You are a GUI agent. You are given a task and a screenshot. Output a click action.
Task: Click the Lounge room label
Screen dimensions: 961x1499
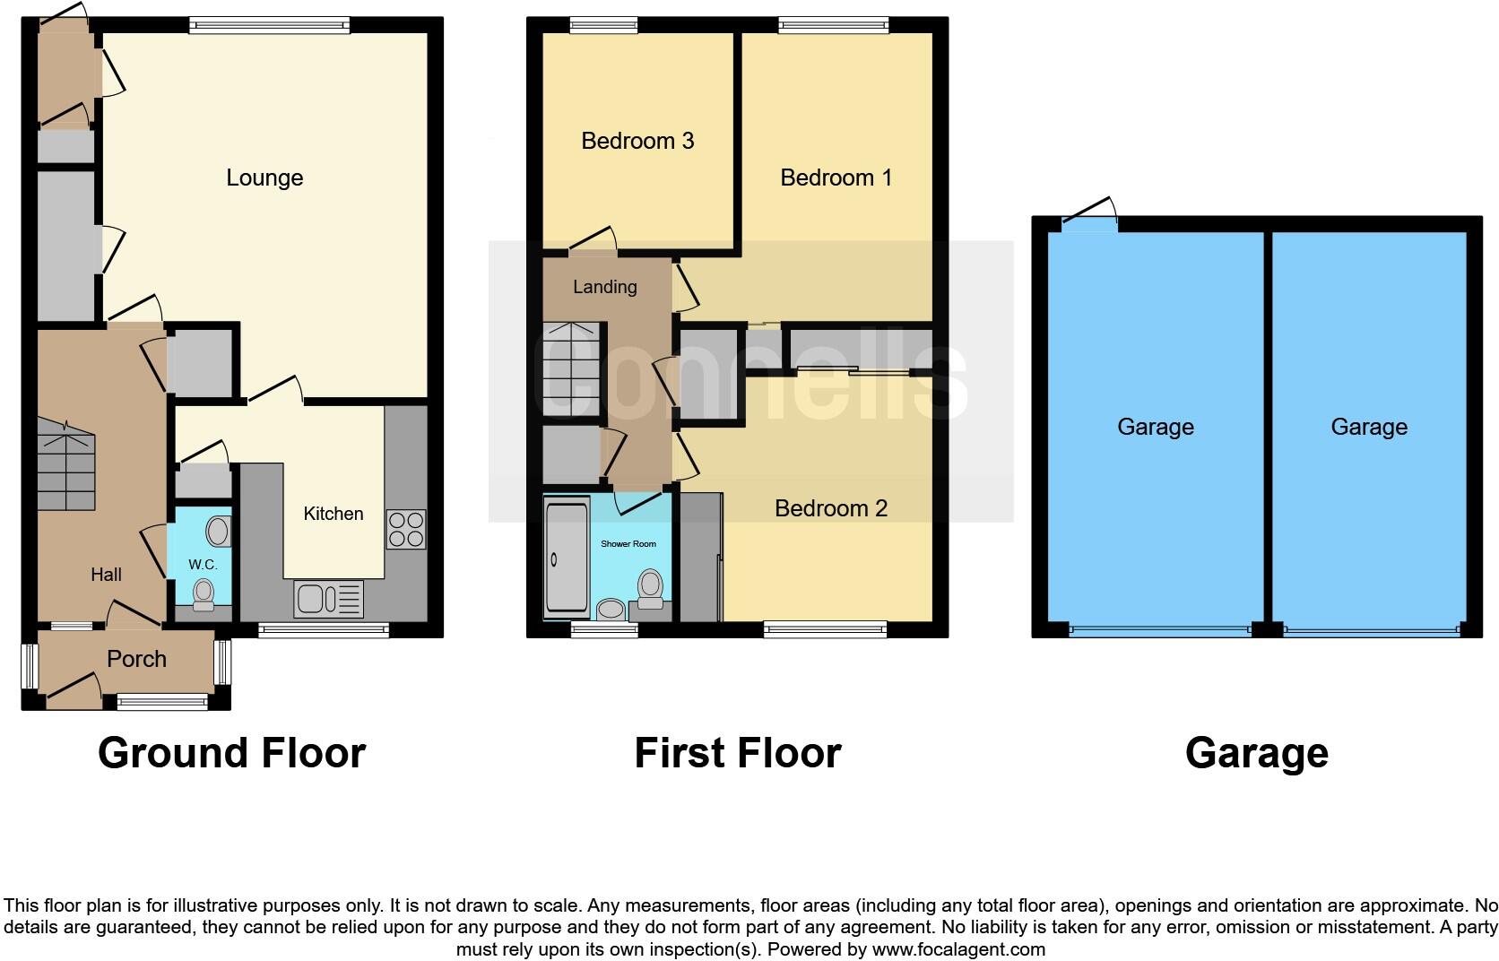pos(264,177)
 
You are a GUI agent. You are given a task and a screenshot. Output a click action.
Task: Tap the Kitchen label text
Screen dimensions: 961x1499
pos(334,514)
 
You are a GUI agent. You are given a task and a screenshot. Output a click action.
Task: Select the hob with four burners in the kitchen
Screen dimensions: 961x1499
pos(405,529)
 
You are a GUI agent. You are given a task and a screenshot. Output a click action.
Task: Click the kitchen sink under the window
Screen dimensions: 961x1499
pos(328,599)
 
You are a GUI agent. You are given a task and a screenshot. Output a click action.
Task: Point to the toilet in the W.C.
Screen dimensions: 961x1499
pos(204,594)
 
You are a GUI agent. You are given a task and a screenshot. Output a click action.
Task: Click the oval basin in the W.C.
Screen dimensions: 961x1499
pos(218,532)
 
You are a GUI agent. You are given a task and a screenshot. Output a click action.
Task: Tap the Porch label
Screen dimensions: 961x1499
pos(136,659)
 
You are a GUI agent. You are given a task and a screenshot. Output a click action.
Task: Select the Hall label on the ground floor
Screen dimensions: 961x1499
pos(106,575)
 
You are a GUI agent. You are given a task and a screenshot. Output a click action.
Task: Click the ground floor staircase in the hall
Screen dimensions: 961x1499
pos(66,465)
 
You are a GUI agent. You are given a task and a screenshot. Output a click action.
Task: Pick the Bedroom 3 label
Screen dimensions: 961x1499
pos(637,141)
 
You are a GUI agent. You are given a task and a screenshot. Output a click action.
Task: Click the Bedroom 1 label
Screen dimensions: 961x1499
pos(836,177)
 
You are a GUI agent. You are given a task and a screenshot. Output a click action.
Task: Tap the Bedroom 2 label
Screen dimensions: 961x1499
pos(830,508)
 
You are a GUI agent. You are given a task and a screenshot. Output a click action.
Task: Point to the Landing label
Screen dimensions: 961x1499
pos(605,287)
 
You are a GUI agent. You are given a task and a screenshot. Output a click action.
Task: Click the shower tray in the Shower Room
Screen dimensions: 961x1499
pos(566,559)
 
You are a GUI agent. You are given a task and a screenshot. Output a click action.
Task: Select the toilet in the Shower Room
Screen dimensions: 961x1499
pos(650,589)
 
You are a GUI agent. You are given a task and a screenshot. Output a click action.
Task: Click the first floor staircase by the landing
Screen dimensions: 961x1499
pos(570,369)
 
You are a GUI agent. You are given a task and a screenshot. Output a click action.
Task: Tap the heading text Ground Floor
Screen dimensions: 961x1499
pos(231,753)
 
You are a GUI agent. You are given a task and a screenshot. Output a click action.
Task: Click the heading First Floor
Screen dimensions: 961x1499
pos(737,753)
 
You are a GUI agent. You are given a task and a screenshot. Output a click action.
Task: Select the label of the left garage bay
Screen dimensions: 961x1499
pos(1155,427)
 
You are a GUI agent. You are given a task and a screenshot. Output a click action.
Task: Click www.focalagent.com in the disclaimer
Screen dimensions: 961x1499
pos(958,949)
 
